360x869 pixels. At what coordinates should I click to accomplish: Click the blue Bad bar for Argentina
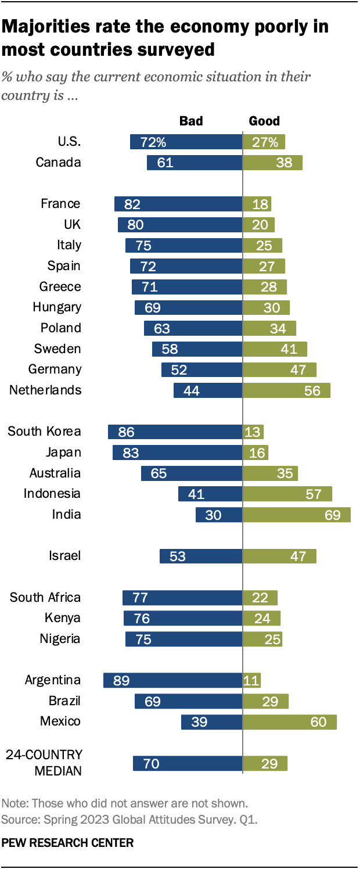172,680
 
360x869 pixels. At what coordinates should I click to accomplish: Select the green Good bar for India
296,515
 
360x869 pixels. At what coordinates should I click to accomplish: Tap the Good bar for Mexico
289,721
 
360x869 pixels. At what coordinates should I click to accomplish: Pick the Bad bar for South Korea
175,432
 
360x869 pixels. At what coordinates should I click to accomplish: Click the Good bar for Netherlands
286,390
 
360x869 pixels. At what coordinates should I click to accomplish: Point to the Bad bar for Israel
201,556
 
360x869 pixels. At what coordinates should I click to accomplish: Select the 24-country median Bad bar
188,763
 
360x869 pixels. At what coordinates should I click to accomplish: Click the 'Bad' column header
191,121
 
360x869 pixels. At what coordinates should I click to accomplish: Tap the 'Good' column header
264,121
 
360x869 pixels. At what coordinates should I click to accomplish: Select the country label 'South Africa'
45,597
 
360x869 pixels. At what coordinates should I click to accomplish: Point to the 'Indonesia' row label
52,494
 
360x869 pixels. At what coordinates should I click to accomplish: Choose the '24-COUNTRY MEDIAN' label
44,763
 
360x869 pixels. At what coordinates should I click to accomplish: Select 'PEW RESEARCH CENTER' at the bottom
67,842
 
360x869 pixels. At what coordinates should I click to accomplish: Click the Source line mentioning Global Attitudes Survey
129,820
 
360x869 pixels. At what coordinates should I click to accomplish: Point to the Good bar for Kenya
261,618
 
